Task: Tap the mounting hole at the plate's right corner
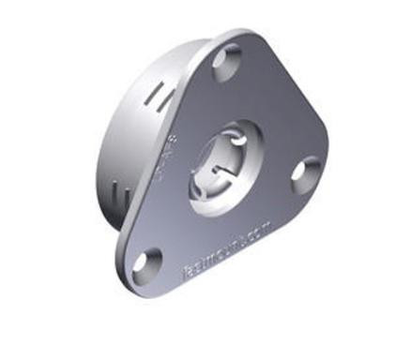304,174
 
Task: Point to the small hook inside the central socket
217,171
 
